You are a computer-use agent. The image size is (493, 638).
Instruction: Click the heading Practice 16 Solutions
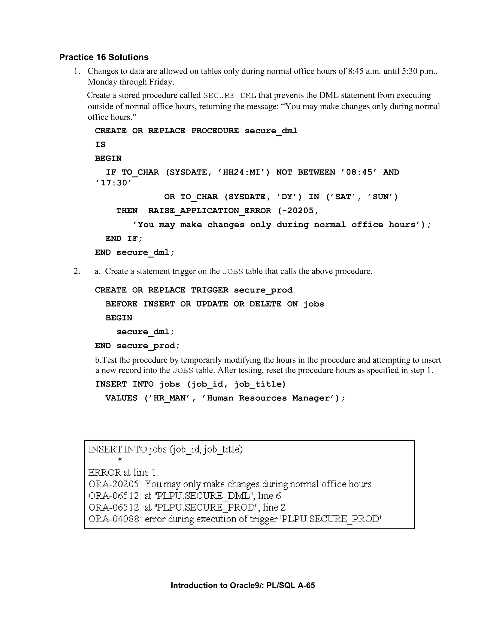point(104,57)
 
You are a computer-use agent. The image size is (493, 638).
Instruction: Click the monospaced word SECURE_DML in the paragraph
point(230,96)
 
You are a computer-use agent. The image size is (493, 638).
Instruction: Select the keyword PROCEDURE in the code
point(215,131)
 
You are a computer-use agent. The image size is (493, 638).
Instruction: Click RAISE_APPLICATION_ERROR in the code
point(209,211)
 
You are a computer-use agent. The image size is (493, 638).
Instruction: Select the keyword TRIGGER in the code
point(209,290)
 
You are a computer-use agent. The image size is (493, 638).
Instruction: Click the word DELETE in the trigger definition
point(265,304)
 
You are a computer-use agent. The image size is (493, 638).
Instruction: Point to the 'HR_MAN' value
point(169,398)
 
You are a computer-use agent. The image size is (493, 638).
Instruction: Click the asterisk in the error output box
point(120,460)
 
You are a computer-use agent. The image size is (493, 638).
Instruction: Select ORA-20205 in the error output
point(114,484)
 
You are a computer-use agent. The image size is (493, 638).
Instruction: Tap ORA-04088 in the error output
point(114,519)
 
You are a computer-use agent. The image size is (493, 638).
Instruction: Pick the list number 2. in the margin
point(77,271)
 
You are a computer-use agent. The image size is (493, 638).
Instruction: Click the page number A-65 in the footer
point(306,586)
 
